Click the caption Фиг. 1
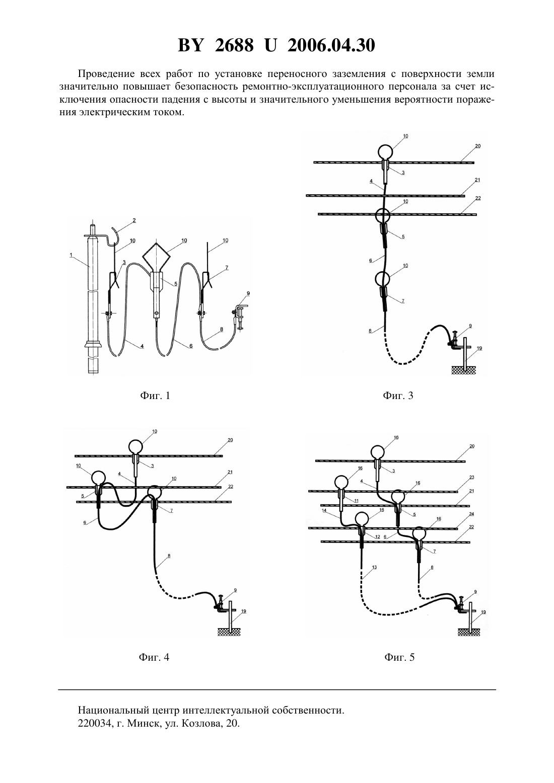point(155,396)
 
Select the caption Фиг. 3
point(398,396)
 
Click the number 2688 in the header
point(234,45)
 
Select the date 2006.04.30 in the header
point(331,45)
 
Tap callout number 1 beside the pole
point(71,256)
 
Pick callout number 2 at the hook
point(134,220)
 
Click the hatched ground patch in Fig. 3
point(463,370)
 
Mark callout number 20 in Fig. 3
point(478,146)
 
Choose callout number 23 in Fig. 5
point(471,477)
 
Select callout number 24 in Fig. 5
point(471,514)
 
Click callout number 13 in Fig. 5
point(374,567)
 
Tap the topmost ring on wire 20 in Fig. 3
point(385,152)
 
